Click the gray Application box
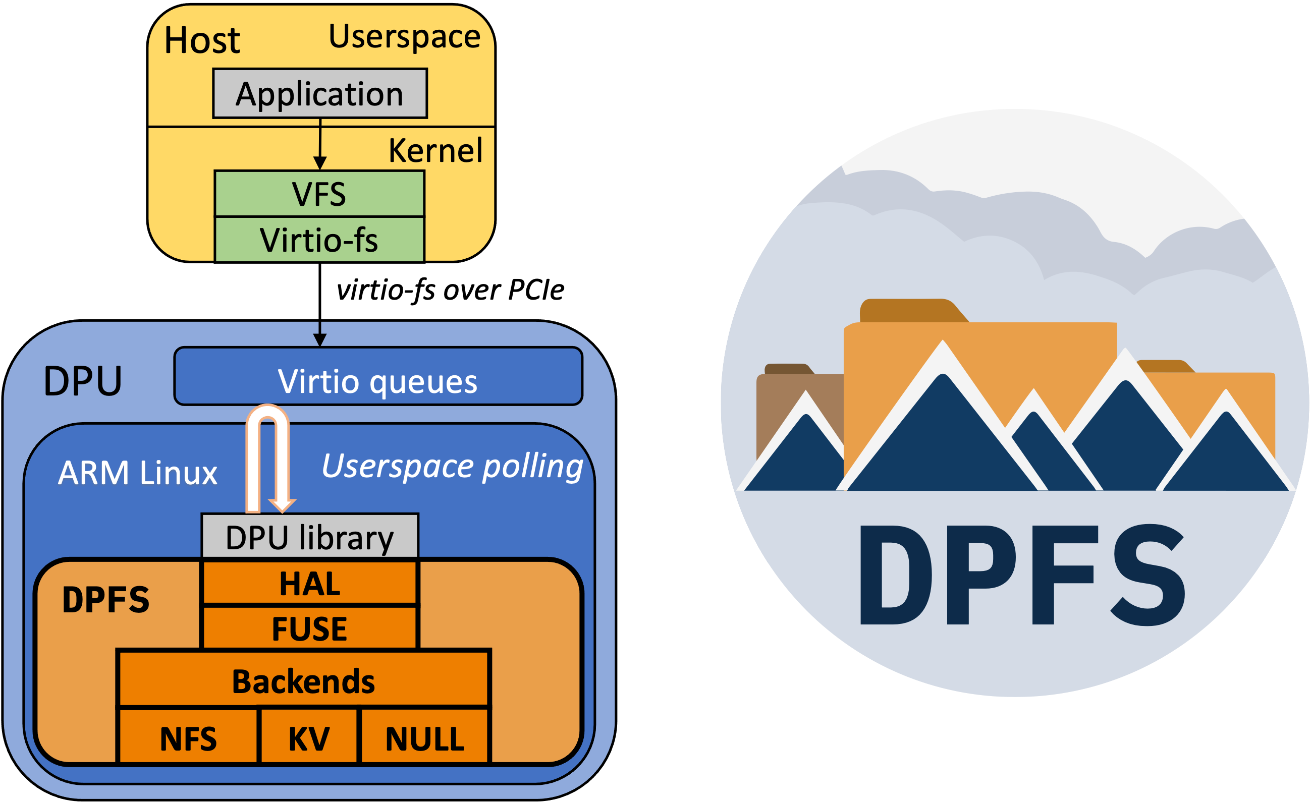pos(320,94)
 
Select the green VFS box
pos(319,194)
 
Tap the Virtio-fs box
pos(319,240)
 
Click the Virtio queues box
pos(378,381)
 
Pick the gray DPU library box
pos(310,537)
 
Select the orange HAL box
pos(310,584)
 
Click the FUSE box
pos(310,628)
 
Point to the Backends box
pos(303,681)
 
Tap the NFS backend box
pos(188,738)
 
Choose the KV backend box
pos(309,738)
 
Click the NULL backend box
pos(424,738)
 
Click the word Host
pos(202,40)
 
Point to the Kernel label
pos(435,150)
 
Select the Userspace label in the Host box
pos(404,36)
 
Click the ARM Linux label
pos(137,472)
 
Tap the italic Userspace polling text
pos(452,467)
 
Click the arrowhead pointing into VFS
pos(320,163)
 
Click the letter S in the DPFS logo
pos(1149,576)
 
